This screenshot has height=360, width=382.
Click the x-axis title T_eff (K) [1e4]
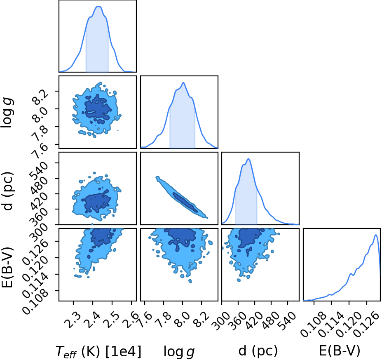(98, 352)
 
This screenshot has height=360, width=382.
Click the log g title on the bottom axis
(179, 352)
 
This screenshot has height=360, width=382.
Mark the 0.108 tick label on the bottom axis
(312, 324)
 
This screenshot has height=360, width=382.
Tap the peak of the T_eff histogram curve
(98, 7)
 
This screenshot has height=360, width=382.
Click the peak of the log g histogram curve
(183, 82)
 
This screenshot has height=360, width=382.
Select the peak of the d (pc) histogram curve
(248, 159)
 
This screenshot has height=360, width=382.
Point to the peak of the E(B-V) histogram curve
(376, 235)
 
